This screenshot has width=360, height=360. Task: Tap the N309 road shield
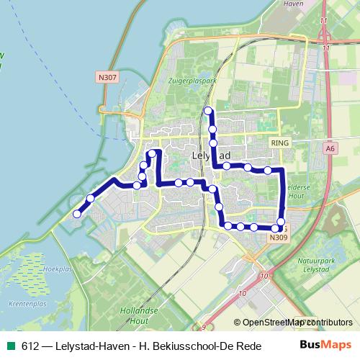tap(279, 237)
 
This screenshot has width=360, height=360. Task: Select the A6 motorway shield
tap(330, 148)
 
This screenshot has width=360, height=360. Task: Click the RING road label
tap(279, 144)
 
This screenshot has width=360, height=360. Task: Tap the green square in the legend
tap(10, 346)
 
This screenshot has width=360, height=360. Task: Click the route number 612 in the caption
tap(30, 346)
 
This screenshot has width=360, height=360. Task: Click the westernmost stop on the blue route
tap(76, 213)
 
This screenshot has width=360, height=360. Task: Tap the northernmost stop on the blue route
tap(208, 110)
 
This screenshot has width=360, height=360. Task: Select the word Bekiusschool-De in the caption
tap(183, 346)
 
